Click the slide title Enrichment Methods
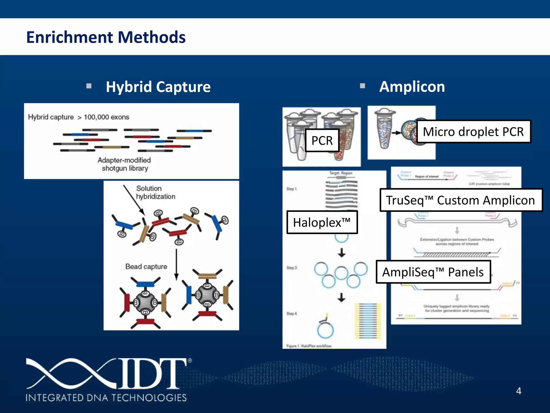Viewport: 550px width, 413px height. click(106, 37)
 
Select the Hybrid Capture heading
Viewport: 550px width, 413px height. click(158, 87)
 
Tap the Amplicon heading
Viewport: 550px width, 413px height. click(412, 87)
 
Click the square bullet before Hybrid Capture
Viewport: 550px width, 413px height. click(89, 86)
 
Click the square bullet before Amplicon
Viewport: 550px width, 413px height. click(362, 86)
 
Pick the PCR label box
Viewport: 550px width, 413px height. click(322, 140)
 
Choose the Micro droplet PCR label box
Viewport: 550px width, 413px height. click(473, 131)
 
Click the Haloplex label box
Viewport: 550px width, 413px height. click(322, 222)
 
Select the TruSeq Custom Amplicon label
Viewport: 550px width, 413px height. click(461, 200)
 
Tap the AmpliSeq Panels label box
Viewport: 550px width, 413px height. click(433, 272)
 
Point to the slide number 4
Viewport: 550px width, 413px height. click(519, 391)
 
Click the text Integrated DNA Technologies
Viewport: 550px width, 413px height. click(106, 398)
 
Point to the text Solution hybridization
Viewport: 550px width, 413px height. click(155, 192)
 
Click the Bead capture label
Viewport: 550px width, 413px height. click(146, 266)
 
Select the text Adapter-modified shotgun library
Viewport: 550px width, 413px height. click(124, 164)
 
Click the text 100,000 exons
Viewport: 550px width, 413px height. click(106, 117)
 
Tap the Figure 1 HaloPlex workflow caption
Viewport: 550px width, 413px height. click(309, 346)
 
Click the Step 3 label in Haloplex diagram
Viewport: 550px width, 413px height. click(292, 268)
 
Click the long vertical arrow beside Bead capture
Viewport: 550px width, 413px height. click(176, 265)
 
